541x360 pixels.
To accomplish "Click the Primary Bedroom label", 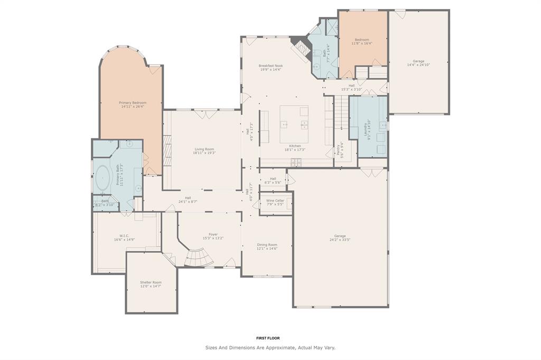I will (x=132, y=102).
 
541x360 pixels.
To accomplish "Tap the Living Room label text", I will (x=204, y=149).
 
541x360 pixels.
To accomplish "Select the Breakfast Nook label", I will (x=270, y=66).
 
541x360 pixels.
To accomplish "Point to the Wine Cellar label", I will (x=275, y=201).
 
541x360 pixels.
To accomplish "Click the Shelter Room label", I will (x=151, y=282).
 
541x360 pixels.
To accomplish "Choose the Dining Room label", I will (x=267, y=245).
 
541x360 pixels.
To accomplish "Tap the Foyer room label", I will (x=213, y=234).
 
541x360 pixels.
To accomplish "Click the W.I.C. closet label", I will (x=124, y=236).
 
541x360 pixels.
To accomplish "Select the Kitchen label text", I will (x=295, y=146).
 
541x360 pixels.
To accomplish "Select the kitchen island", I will (x=294, y=124).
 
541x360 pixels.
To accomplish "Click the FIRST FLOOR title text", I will (x=268, y=338).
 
